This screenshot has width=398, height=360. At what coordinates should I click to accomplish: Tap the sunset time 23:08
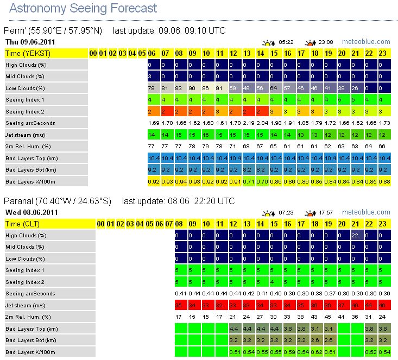tap(325, 42)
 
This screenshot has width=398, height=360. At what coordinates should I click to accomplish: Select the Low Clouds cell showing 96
tap(206, 89)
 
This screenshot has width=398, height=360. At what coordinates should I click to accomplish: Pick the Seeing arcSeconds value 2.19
tap(247, 124)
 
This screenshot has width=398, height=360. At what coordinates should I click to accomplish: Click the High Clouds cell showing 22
tap(356, 235)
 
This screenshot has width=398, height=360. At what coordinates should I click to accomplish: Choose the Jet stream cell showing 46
tap(383, 306)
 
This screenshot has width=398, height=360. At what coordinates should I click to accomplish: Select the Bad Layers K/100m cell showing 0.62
tap(315, 352)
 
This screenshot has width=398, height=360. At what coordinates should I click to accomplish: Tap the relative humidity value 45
tap(328, 317)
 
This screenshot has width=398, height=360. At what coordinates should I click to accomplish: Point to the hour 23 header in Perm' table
tap(383, 53)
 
